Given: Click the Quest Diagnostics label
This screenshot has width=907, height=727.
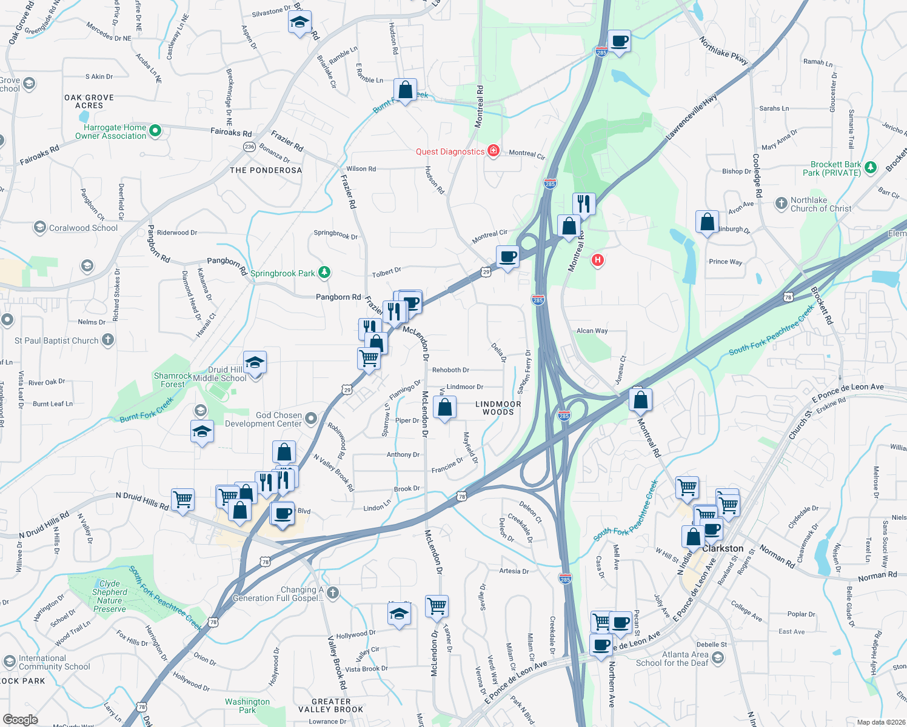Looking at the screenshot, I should (450, 151).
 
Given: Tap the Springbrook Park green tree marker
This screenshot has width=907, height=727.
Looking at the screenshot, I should (324, 273).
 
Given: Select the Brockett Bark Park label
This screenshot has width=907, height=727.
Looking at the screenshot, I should (835, 168).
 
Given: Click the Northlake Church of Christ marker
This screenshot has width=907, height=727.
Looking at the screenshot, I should (781, 204).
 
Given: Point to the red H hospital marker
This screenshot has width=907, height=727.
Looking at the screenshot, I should (598, 261).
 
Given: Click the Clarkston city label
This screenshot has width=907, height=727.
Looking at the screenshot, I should (723, 548).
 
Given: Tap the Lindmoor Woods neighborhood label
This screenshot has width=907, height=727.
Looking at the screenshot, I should (498, 408).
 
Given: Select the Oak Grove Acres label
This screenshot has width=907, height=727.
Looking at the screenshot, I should (89, 101).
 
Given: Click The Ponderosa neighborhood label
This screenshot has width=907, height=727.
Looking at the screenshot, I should (266, 170).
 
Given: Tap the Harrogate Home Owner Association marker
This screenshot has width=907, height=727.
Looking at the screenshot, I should (155, 130).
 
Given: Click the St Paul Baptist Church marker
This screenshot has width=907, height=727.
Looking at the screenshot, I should (108, 340).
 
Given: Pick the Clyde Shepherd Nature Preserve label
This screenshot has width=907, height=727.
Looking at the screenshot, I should (110, 596).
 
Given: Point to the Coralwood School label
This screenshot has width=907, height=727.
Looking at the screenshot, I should (83, 228).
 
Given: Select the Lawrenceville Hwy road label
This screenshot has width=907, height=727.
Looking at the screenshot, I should (692, 118).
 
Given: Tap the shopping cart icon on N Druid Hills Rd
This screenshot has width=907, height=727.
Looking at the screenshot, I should (182, 499).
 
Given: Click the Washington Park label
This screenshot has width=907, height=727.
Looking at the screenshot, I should (247, 706).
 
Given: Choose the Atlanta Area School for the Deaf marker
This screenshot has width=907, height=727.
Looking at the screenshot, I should (718, 658).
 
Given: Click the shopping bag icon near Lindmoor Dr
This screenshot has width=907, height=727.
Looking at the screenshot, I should (445, 408).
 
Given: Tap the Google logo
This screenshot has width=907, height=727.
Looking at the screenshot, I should (21, 719).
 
